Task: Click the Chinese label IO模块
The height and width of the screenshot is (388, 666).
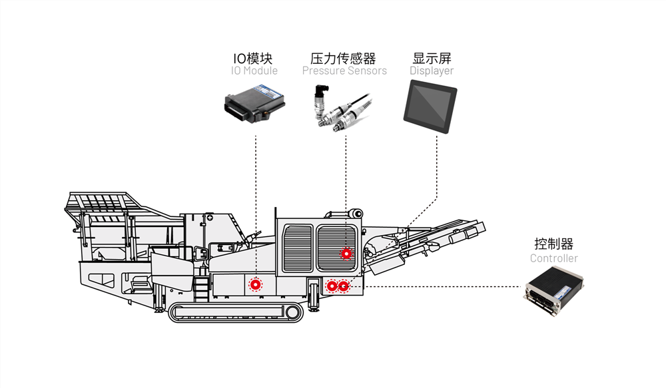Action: pos(252,58)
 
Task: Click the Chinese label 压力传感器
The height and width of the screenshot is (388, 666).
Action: pos(344,58)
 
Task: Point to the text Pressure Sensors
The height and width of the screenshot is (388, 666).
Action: pos(344,71)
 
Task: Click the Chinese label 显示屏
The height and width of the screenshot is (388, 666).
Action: pos(432,58)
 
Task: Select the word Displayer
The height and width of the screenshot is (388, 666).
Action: pos(432,71)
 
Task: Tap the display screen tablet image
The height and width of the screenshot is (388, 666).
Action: pos(430,102)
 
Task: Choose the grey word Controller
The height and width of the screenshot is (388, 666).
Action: pos(553,258)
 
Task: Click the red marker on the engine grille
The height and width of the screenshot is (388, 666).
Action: pos(346,253)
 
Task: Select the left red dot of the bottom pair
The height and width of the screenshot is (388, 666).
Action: pos(332,286)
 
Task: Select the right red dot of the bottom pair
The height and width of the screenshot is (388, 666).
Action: pos(343,286)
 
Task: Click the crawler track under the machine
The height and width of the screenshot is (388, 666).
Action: pos(233,311)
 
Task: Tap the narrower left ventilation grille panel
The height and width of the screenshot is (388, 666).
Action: pos(298,248)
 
